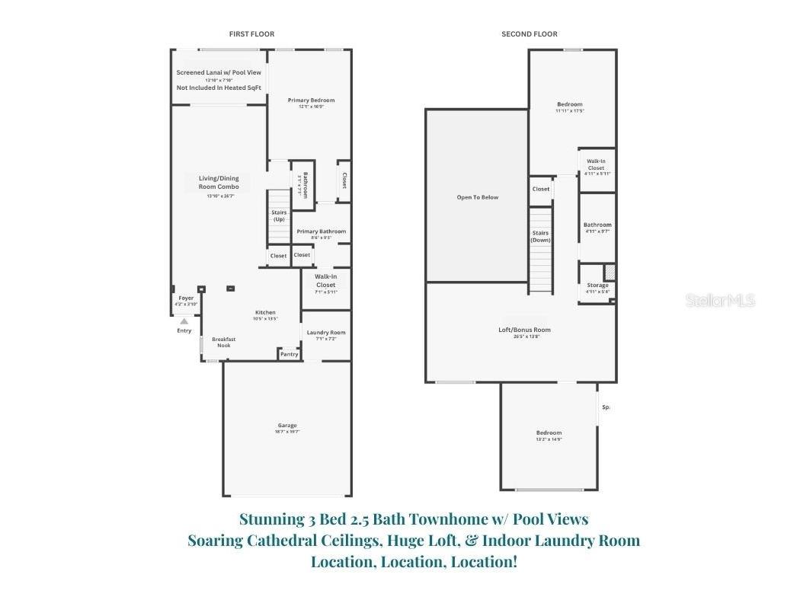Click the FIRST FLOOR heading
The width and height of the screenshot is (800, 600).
click(x=251, y=34)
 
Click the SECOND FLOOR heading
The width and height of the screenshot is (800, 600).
click(x=529, y=34)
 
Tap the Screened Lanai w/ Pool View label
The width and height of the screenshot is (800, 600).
click(x=219, y=73)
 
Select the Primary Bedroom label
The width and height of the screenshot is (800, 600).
click(x=311, y=101)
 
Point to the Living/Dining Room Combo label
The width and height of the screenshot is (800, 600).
click(x=213, y=183)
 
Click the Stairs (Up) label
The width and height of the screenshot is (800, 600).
click(x=279, y=215)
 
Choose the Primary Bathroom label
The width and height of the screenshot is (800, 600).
click(x=321, y=231)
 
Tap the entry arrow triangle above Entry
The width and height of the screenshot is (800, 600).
click(x=184, y=321)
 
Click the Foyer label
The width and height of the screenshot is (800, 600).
click(x=186, y=298)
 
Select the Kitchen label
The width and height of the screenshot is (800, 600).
click(x=265, y=313)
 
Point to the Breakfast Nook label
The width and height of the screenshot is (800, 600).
click(x=223, y=342)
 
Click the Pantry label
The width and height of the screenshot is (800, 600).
click(x=289, y=353)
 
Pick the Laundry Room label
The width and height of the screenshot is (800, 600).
click(x=326, y=333)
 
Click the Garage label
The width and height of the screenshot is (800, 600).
click(x=287, y=426)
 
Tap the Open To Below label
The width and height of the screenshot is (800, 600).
click(x=477, y=197)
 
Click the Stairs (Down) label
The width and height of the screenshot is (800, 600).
click(x=540, y=237)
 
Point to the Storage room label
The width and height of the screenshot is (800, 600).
click(x=597, y=286)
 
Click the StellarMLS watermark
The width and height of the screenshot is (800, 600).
click(x=720, y=301)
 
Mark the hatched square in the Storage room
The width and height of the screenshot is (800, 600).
click(x=610, y=272)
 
